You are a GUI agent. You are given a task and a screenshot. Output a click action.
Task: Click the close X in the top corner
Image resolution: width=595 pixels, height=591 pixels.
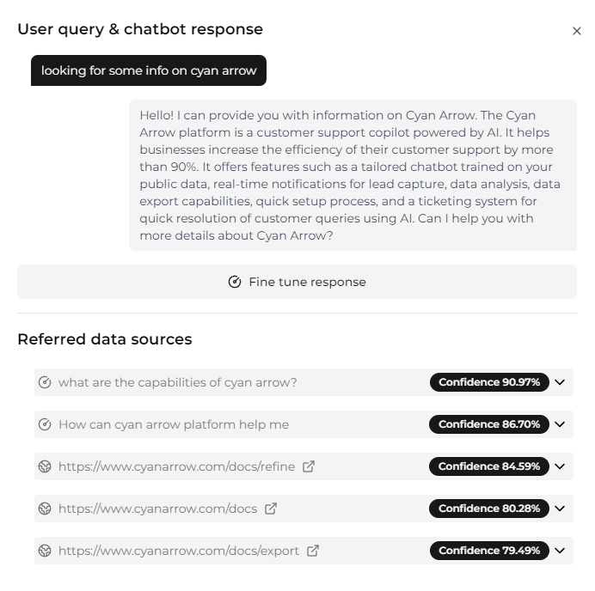coord(577,31)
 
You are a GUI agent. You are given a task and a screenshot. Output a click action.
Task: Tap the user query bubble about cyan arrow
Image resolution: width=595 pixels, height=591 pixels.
coord(149,70)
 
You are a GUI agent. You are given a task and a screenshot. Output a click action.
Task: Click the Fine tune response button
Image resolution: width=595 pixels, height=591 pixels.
coord(297,282)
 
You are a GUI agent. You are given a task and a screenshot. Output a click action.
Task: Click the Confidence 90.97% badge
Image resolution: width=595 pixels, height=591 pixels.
coord(489,382)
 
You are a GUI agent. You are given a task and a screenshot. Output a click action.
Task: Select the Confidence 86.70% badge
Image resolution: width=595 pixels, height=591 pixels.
coord(489,424)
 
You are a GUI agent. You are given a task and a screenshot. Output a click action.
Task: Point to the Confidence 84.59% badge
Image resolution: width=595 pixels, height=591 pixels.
coord(489,466)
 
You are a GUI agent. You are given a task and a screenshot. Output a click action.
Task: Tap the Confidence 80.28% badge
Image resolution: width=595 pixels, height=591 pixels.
coord(489,509)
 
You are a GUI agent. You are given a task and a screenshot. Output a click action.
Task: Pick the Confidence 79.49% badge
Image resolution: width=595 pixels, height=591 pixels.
coord(489,551)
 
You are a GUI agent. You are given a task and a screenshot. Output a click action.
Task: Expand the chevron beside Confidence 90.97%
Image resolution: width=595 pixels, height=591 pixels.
coord(561,382)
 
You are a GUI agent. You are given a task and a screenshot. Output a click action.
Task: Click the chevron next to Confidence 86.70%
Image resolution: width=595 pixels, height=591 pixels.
coord(561,424)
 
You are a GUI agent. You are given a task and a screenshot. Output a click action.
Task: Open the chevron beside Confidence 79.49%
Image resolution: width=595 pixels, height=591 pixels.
coord(561,551)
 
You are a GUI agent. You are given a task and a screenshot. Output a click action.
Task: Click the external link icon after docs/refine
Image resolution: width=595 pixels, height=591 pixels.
coord(309,466)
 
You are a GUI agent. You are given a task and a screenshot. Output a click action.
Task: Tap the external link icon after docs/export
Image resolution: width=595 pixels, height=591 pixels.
coord(313,551)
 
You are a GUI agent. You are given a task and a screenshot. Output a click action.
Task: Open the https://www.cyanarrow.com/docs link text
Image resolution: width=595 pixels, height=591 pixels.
coord(157,509)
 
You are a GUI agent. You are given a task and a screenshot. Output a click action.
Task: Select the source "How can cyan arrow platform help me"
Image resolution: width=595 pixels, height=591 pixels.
coord(174,424)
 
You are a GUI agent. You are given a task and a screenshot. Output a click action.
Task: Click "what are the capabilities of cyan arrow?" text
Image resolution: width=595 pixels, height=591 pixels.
coord(177,382)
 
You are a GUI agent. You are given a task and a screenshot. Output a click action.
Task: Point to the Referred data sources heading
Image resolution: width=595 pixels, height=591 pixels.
coord(104,339)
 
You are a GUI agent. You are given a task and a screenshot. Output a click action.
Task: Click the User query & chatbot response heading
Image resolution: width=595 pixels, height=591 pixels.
coord(140,29)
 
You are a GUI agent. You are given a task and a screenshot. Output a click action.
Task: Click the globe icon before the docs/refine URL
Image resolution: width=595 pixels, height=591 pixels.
coord(46,466)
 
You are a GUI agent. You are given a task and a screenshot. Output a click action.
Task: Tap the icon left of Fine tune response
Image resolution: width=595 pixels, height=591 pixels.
coord(235,282)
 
